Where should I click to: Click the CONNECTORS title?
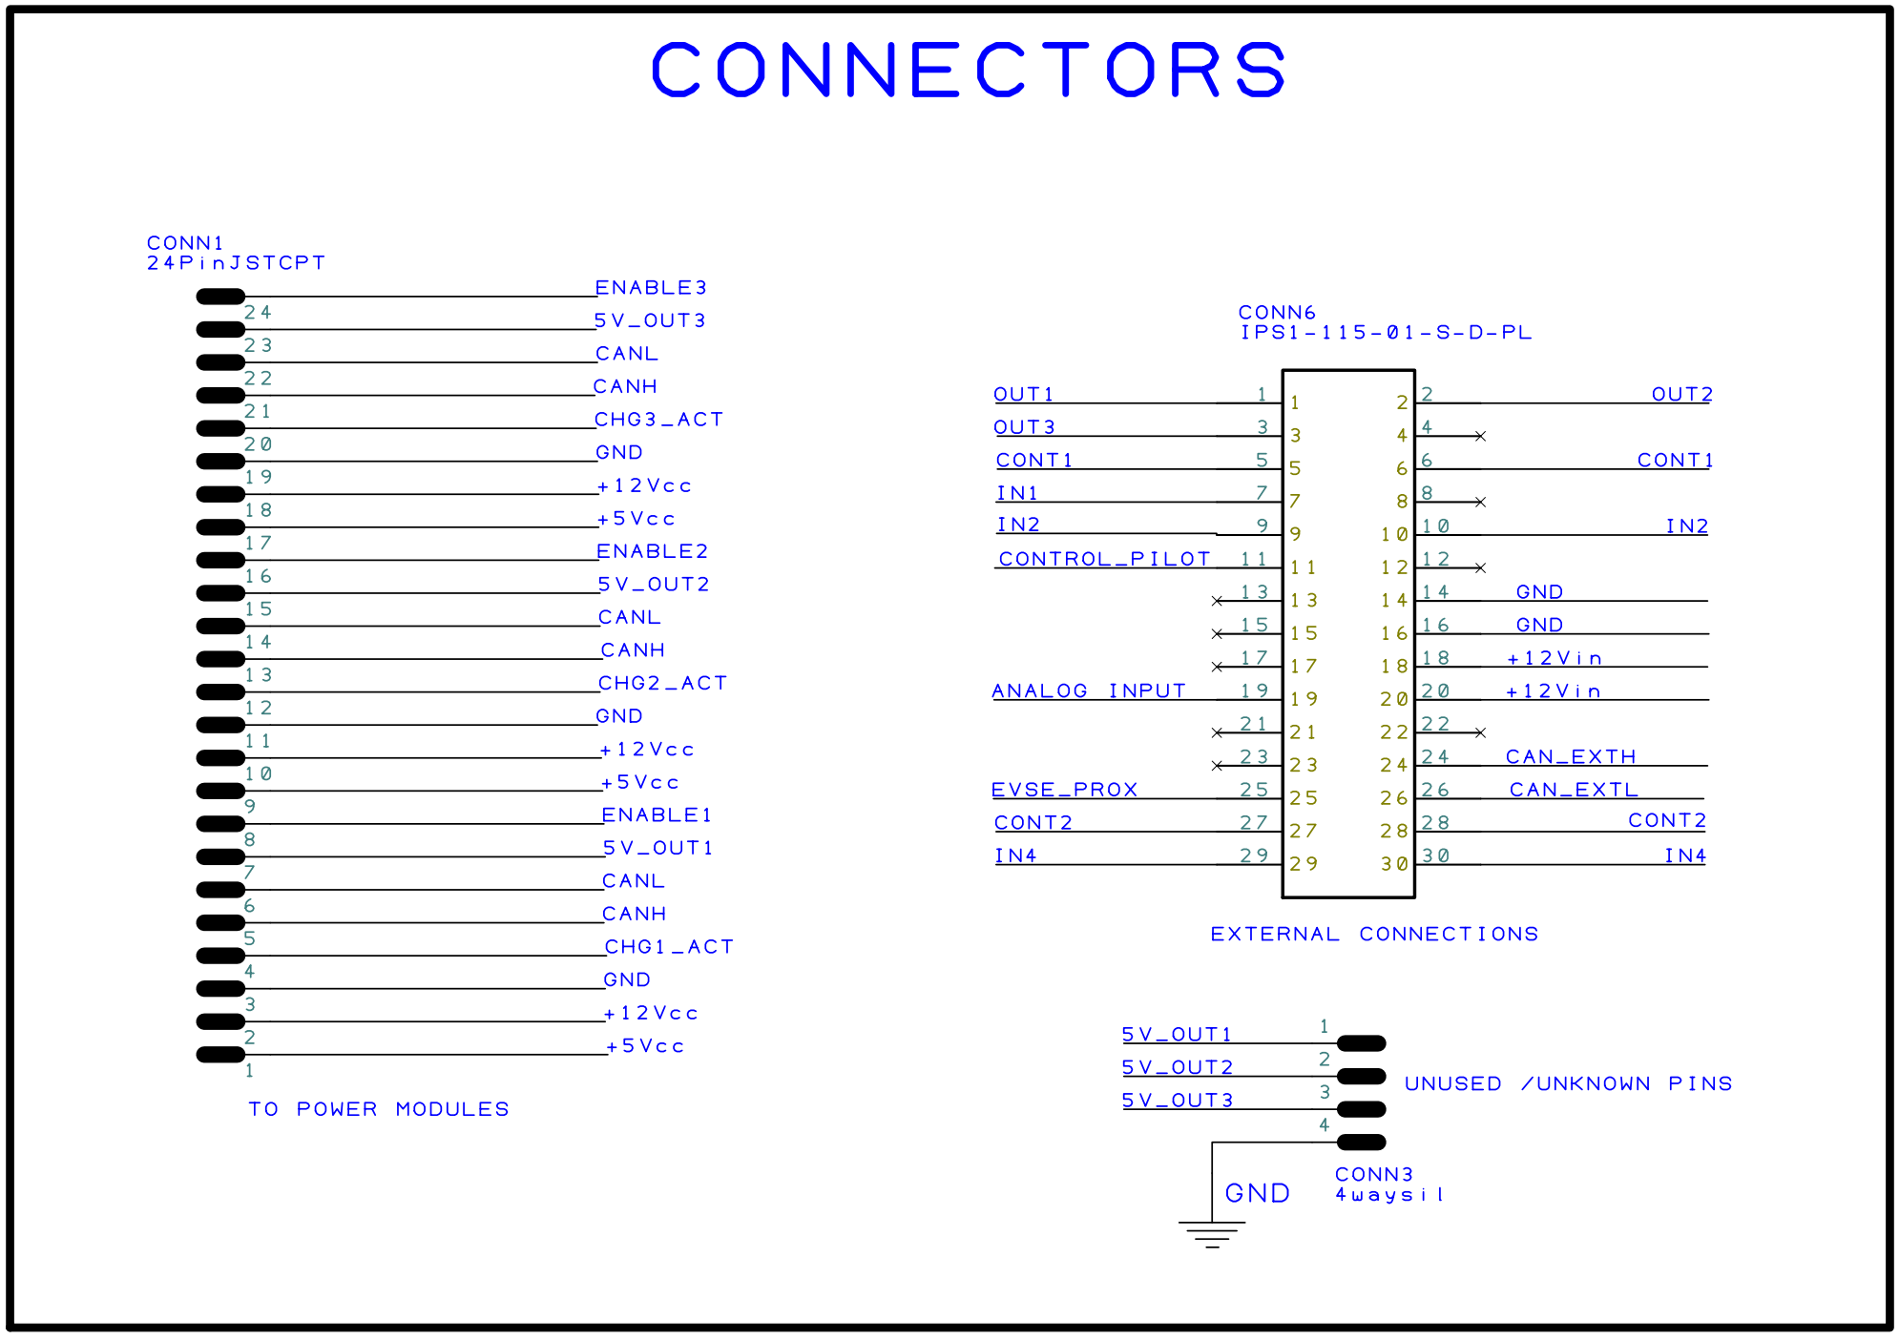click(969, 70)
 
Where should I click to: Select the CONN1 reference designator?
click(185, 243)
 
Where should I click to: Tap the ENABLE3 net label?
click(651, 287)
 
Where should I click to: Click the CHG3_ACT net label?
click(658, 420)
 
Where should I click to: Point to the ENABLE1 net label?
click(657, 815)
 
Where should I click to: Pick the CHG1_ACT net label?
click(669, 947)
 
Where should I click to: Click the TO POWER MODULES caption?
click(379, 1109)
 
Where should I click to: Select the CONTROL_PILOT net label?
click(1104, 559)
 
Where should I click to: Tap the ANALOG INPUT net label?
click(1089, 690)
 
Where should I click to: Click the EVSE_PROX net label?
click(1064, 790)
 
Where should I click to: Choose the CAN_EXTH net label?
click(1571, 757)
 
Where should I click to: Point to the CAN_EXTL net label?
click(1574, 790)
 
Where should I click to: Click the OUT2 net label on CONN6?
click(1682, 394)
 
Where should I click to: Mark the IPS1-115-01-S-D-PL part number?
click(1386, 333)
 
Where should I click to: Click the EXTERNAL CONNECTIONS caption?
click(1374, 934)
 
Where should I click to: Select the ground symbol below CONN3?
click(1212, 1232)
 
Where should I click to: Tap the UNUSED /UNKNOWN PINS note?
click(1568, 1083)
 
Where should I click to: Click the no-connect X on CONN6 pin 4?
click(1480, 436)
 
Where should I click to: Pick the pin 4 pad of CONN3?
click(1361, 1143)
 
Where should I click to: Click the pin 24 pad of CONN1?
click(220, 297)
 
